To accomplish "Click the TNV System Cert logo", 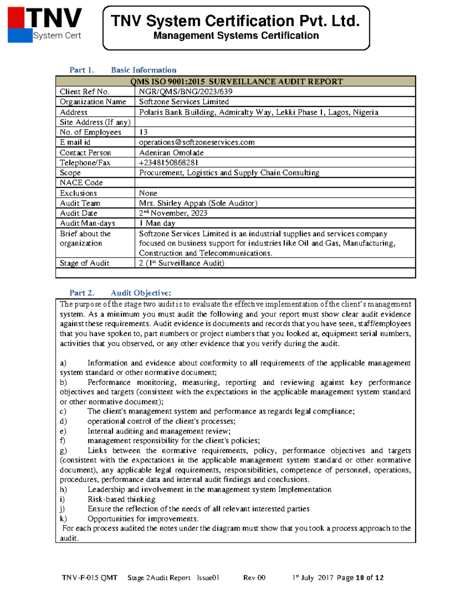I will tap(44, 25).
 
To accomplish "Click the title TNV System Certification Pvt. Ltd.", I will tap(235, 21).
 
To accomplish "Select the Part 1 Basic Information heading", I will tap(123, 70).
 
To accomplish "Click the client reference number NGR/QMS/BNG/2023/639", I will tap(186, 92).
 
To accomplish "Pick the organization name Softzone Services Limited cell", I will tap(184, 102).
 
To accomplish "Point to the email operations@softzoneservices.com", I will tap(197, 142).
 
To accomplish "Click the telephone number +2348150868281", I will tap(168, 163).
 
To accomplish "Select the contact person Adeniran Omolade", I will tap(171, 152).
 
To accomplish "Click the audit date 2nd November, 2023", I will tap(173, 213).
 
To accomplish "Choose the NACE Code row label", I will tap(81, 183).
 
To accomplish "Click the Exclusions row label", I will tap(78, 193).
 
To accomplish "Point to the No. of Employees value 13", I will tap(143, 132).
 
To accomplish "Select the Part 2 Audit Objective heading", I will tap(120, 293).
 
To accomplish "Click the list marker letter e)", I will tap(63, 431).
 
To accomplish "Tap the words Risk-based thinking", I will tap(121, 499).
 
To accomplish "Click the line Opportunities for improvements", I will tap(143, 518).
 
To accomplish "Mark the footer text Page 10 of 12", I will tap(360, 577).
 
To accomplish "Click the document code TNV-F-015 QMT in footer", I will tap(89, 577).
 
